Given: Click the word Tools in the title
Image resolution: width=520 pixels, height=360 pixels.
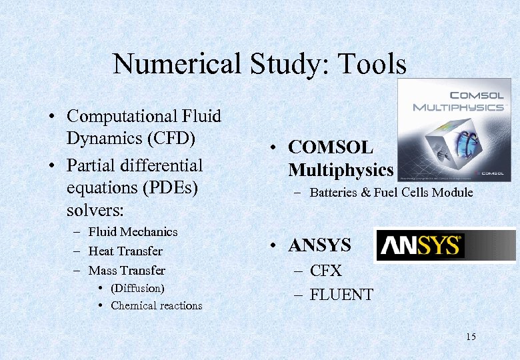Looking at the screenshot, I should pyautogui.click(x=372, y=65).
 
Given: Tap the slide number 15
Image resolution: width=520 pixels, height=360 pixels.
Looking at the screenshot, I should pyautogui.click(x=471, y=337).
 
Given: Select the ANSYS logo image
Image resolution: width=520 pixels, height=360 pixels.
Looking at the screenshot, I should pyautogui.click(x=445, y=245).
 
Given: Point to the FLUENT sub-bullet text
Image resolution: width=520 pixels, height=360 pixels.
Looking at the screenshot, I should pyautogui.click(x=341, y=294).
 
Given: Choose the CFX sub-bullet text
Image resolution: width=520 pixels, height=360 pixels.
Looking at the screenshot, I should pyautogui.click(x=325, y=271).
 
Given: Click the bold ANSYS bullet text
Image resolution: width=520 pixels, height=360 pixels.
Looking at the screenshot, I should pyautogui.click(x=319, y=246).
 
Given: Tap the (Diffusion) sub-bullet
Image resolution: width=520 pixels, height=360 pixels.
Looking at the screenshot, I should pyautogui.click(x=137, y=288).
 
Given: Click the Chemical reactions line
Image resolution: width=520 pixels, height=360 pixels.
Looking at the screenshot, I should pyautogui.click(x=156, y=306).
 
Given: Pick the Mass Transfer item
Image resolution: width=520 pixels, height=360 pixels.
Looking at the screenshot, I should pyautogui.click(x=127, y=270).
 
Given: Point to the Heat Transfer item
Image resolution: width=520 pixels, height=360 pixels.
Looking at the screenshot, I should pyautogui.click(x=125, y=251).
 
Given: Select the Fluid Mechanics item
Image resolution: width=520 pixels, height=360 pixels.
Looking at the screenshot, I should pyautogui.click(x=133, y=231).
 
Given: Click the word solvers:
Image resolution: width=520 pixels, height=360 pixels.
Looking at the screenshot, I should pyautogui.click(x=95, y=211).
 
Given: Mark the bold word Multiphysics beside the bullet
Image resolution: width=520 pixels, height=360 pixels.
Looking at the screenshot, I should pyautogui.click(x=341, y=170).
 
